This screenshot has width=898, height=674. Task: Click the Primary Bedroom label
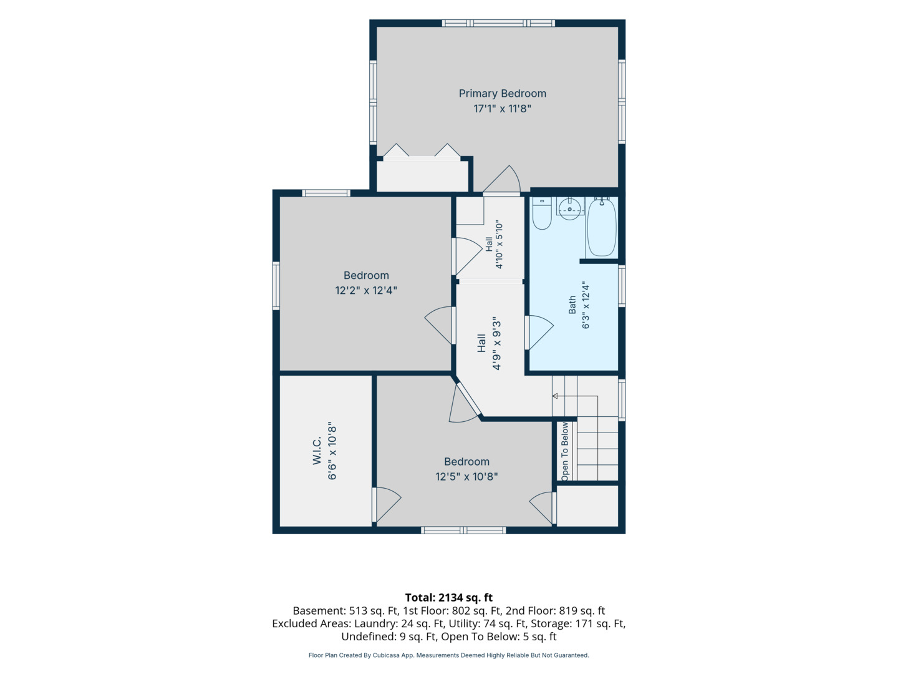502,94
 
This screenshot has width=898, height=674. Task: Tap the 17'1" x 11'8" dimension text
502,109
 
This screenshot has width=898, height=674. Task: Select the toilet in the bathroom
542,213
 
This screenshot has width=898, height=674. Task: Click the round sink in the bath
569,209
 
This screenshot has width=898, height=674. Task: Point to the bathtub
601,227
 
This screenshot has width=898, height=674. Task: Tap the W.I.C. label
317,450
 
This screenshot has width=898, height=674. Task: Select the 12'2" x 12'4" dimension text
366,291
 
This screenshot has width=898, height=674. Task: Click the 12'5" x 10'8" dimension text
466,477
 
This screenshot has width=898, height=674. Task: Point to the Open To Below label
564,451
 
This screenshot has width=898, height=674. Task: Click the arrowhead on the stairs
555,396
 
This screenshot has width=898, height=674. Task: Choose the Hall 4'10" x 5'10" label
494,245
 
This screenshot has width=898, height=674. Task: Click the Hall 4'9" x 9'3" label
489,343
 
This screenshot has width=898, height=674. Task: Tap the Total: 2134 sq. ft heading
449,597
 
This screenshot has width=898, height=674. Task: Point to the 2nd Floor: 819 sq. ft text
555,610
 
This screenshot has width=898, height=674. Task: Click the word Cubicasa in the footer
386,655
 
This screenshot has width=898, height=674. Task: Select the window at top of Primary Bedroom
498,23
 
